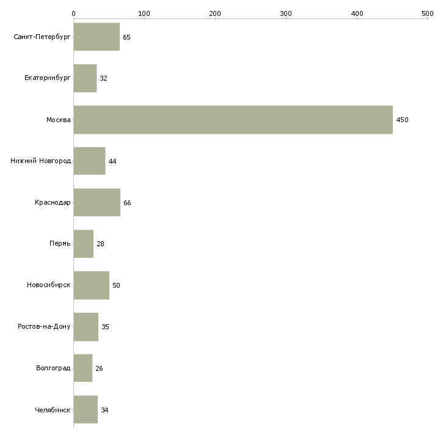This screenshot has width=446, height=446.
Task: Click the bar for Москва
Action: [x=233, y=120]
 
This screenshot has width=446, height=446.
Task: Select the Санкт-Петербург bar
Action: [x=97, y=37]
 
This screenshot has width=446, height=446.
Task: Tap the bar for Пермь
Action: [x=84, y=244]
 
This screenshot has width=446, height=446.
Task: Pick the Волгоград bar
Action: [x=83, y=368]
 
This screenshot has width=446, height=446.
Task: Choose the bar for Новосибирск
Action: [x=92, y=285]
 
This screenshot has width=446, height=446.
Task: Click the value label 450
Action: [x=402, y=120]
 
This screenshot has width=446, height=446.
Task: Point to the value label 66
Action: [x=127, y=203]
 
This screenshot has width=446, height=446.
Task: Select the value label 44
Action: [x=112, y=161]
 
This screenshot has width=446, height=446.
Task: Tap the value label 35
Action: [x=105, y=327]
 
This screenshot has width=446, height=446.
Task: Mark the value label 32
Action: [x=103, y=78]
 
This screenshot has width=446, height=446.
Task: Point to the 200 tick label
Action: [x=215, y=13]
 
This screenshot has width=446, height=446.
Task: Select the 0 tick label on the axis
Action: [x=74, y=13]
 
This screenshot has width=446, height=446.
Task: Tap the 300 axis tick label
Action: [x=286, y=13]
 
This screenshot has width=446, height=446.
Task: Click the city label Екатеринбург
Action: [x=48, y=78]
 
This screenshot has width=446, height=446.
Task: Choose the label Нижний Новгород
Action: [x=41, y=161]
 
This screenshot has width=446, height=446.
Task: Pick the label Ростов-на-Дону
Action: [x=44, y=326]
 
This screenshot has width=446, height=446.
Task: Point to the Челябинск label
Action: [x=53, y=410]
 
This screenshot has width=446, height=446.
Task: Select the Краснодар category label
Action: [x=53, y=202]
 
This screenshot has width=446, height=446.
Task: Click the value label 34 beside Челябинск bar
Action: [x=104, y=410]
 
